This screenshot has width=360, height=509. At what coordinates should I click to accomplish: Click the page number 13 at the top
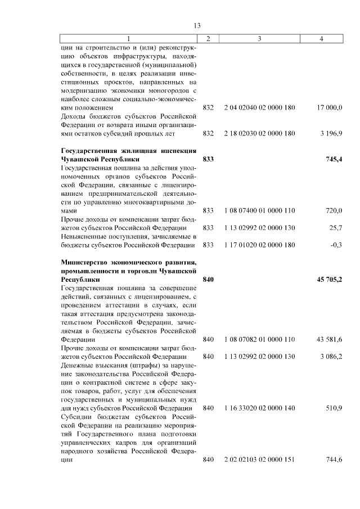[197, 25]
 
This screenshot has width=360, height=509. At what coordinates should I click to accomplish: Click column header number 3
[259, 38]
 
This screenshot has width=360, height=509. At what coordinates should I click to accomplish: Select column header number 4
[321, 38]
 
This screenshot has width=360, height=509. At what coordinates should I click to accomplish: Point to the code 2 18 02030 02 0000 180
[259, 133]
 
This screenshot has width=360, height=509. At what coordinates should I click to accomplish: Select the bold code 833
[208, 159]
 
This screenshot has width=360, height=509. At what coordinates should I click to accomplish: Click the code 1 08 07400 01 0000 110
[259, 210]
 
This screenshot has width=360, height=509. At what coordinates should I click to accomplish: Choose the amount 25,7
[336, 228]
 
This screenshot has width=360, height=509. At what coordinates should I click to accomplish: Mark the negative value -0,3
[336, 245]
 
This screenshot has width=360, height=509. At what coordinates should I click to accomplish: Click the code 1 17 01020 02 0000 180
[259, 245]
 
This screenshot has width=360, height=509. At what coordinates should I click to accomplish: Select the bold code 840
[208, 280]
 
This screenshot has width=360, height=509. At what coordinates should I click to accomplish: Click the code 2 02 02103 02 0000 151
[259, 460]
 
